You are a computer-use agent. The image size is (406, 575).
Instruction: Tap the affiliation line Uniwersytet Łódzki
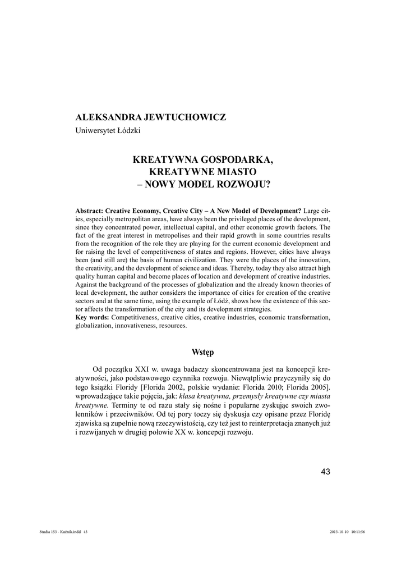point(108,131)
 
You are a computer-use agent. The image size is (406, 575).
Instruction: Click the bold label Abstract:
point(90,209)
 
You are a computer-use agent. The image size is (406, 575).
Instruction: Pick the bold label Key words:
point(92,318)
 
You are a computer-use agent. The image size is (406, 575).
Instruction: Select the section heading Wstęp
point(202,352)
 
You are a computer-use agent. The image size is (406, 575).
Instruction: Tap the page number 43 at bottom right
point(326,471)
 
